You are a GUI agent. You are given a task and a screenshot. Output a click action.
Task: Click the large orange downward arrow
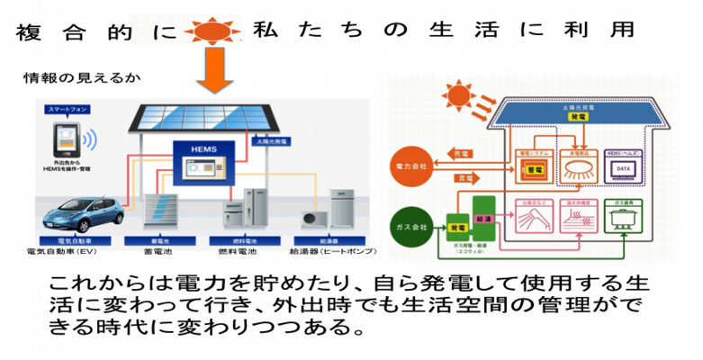click(217, 71)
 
